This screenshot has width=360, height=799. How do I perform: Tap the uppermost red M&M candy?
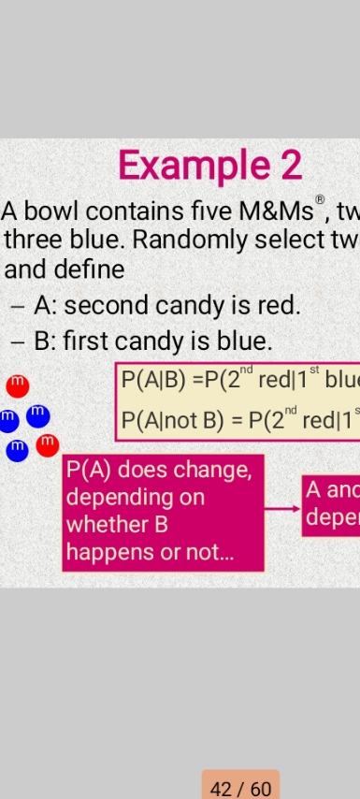click(x=17, y=385)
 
